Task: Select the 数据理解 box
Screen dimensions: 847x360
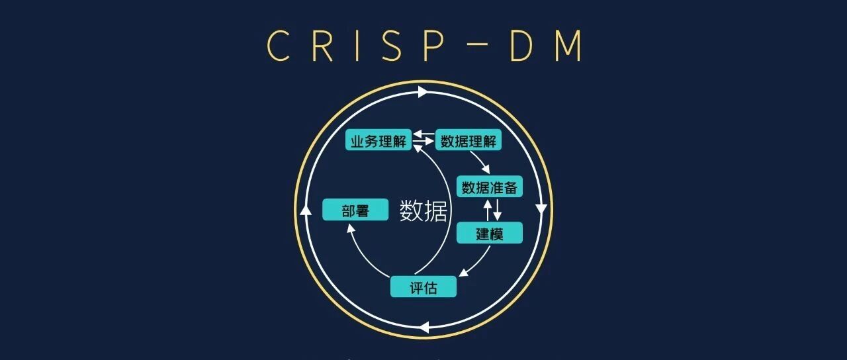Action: pyautogui.click(x=468, y=140)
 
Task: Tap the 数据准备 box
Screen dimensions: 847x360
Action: pyautogui.click(x=490, y=187)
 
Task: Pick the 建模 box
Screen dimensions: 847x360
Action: pyautogui.click(x=490, y=233)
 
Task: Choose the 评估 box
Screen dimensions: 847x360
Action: pyautogui.click(x=423, y=287)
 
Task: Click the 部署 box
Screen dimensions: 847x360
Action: pyautogui.click(x=355, y=210)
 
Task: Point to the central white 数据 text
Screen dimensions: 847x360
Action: pyautogui.click(x=423, y=210)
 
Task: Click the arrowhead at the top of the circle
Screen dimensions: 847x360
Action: pyautogui.click(x=423, y=92)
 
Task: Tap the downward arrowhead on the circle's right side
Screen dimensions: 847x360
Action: pyautogui.click(x=541, y=209)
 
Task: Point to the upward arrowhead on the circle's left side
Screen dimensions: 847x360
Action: pyautogui.click(x=306, y=210)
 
